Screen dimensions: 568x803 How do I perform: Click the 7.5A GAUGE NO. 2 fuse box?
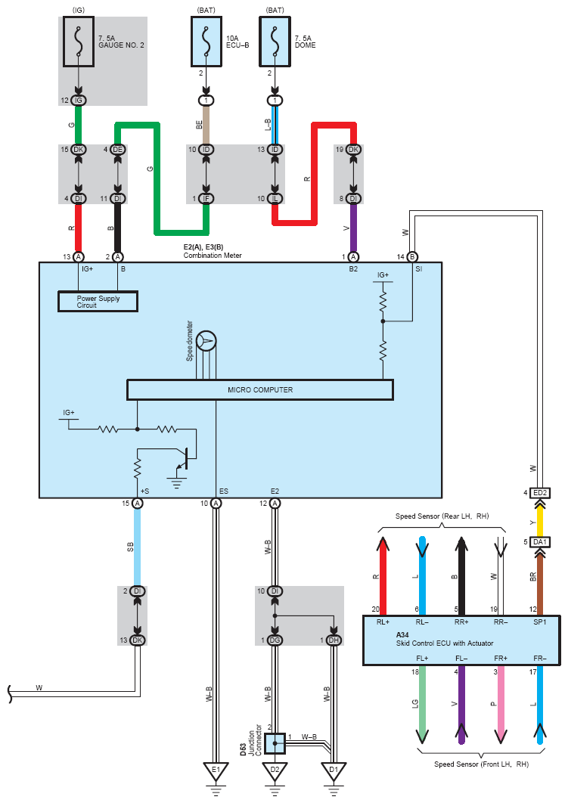79,42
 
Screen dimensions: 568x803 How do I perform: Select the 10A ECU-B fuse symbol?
206,42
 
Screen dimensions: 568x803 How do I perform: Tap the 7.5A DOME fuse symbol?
275,42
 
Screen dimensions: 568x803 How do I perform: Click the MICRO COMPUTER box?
260,389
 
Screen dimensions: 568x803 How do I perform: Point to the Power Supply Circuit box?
98,302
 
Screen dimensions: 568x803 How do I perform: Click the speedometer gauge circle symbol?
206,341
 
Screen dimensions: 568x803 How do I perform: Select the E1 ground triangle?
216,771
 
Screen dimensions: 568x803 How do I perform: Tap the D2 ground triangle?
275,771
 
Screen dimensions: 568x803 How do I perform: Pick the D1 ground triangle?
334,771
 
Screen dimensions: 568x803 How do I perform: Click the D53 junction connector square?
275,743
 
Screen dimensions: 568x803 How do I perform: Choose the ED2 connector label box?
540,493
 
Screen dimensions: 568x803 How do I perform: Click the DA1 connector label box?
540,542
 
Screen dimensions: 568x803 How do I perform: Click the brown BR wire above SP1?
540,584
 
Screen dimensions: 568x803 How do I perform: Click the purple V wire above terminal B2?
353,228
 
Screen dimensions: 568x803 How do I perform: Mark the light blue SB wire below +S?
137,547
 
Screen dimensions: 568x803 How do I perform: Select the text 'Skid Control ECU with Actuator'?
445,643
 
